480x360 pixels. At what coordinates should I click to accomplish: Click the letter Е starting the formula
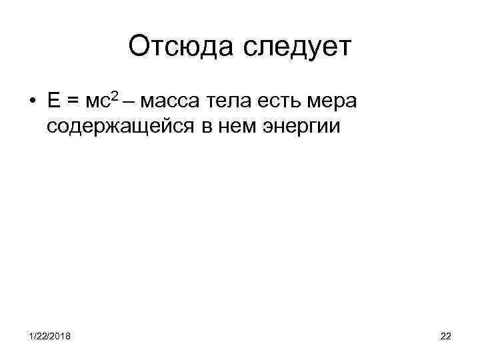pos(54,101)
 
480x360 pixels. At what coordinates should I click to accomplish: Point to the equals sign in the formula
pos(73,102)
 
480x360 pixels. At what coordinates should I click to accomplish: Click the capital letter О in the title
pos(138,47)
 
